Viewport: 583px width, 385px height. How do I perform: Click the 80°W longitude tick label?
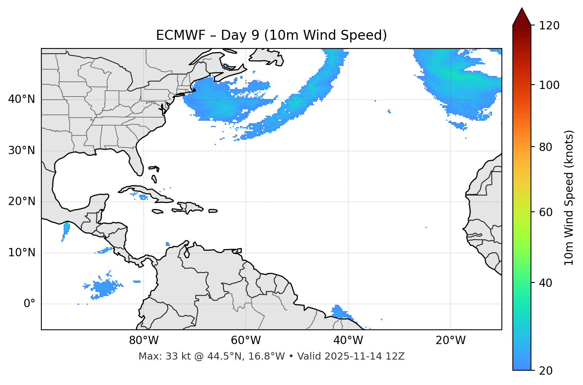(144, 341)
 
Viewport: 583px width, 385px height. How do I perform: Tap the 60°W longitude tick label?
(246, 341)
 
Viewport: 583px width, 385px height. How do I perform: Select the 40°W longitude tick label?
(348, 341)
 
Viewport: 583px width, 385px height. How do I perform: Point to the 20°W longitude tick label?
(450, 341)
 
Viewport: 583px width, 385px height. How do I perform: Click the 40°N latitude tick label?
(21, 99)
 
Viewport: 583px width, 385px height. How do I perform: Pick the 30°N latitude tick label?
(21, 151)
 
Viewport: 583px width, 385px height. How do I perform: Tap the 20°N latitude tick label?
(21, 201)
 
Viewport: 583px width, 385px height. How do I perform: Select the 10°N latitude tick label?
(21, 253)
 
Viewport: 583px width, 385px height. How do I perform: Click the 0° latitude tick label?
(29, 304)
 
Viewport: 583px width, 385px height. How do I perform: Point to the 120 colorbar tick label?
(549, 26)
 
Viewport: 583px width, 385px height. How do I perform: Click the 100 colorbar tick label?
(549, 85)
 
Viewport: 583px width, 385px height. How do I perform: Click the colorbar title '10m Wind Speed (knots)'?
(569, 197)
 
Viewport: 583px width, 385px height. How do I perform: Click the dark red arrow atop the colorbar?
(522, 17)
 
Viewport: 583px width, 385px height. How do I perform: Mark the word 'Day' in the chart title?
(234, 35)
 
